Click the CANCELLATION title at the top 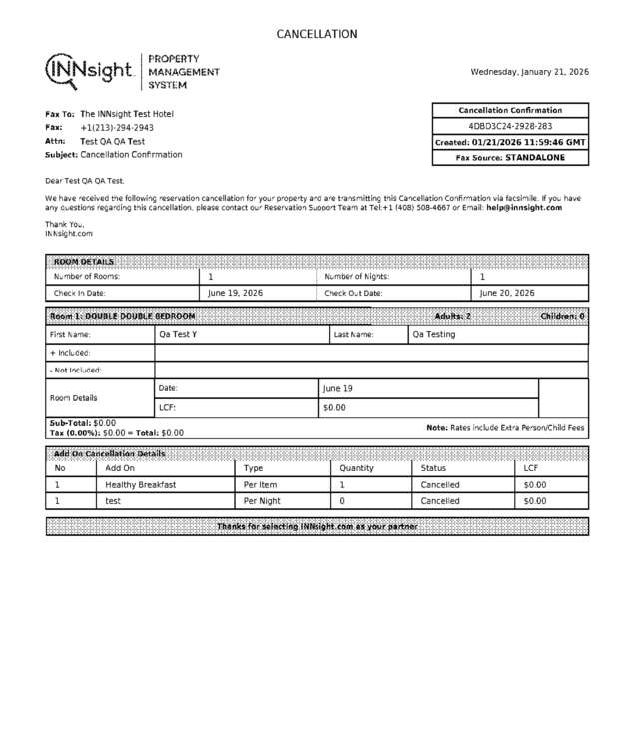click(317, 34)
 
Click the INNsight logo click(90, 70)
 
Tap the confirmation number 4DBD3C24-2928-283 click(510, 127)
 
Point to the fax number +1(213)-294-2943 click(117, 128)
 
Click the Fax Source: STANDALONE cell click(510, 158)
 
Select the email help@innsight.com click(524, 208)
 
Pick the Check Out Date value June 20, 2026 click(507, 294)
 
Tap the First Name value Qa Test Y click(178, 335)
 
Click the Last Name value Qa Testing click(433, 335)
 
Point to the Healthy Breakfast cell click(141, 485)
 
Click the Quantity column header click(357, 468)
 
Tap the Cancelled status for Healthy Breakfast click(440, 485)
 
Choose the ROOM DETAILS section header click(84, 262)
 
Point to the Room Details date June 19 click(338, 388)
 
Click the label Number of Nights click(356, 277)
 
